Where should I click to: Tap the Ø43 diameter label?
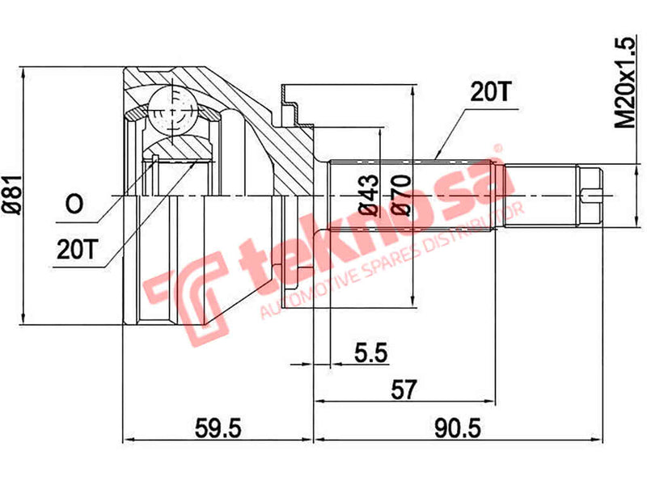(x=371, y=194)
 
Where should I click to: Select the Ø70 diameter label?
(x=401, y=194)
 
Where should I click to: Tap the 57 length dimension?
(x=404, y=390)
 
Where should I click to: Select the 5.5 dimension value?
(x=371, y=353)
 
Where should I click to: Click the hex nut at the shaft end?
(x=591, y=193)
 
